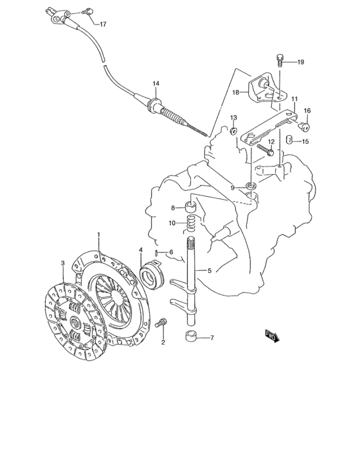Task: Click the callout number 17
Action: click(104, 24)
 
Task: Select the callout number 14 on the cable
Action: click(155, 84)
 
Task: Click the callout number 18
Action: click(235, 93)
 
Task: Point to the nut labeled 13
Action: click(234, 132)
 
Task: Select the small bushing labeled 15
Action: click(291, 140)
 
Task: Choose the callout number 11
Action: click(294, 99)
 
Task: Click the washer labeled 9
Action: click(251, 187)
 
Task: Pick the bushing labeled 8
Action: click(191, 208)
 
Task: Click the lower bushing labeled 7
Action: click(190, 336)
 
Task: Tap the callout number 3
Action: click(62, 263)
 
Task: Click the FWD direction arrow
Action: click(271, 334)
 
